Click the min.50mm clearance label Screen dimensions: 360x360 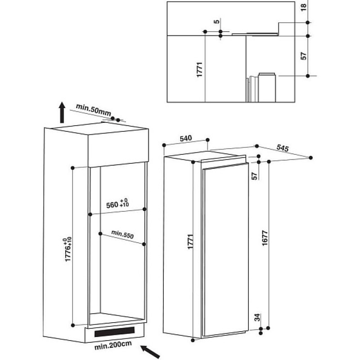93,110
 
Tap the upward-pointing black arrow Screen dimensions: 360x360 62,112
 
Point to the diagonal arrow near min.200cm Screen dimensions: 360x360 150,351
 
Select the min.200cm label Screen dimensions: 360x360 113,345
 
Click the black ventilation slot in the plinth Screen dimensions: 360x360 114,332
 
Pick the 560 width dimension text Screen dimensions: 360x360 117,204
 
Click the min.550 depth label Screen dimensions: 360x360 122,234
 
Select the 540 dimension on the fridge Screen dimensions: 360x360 185,139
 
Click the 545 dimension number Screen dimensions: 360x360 283,148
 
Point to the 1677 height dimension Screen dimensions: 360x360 265,238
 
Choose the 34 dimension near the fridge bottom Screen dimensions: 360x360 257,317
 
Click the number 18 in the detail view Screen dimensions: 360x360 303,7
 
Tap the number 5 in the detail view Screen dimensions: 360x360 216,22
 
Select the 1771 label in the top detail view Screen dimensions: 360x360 200,69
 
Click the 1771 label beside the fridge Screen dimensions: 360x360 190,242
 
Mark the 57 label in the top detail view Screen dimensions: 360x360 303,56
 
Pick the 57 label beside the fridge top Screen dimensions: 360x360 255,176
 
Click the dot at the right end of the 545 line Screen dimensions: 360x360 310,158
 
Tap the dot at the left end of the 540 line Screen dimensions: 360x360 164,145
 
